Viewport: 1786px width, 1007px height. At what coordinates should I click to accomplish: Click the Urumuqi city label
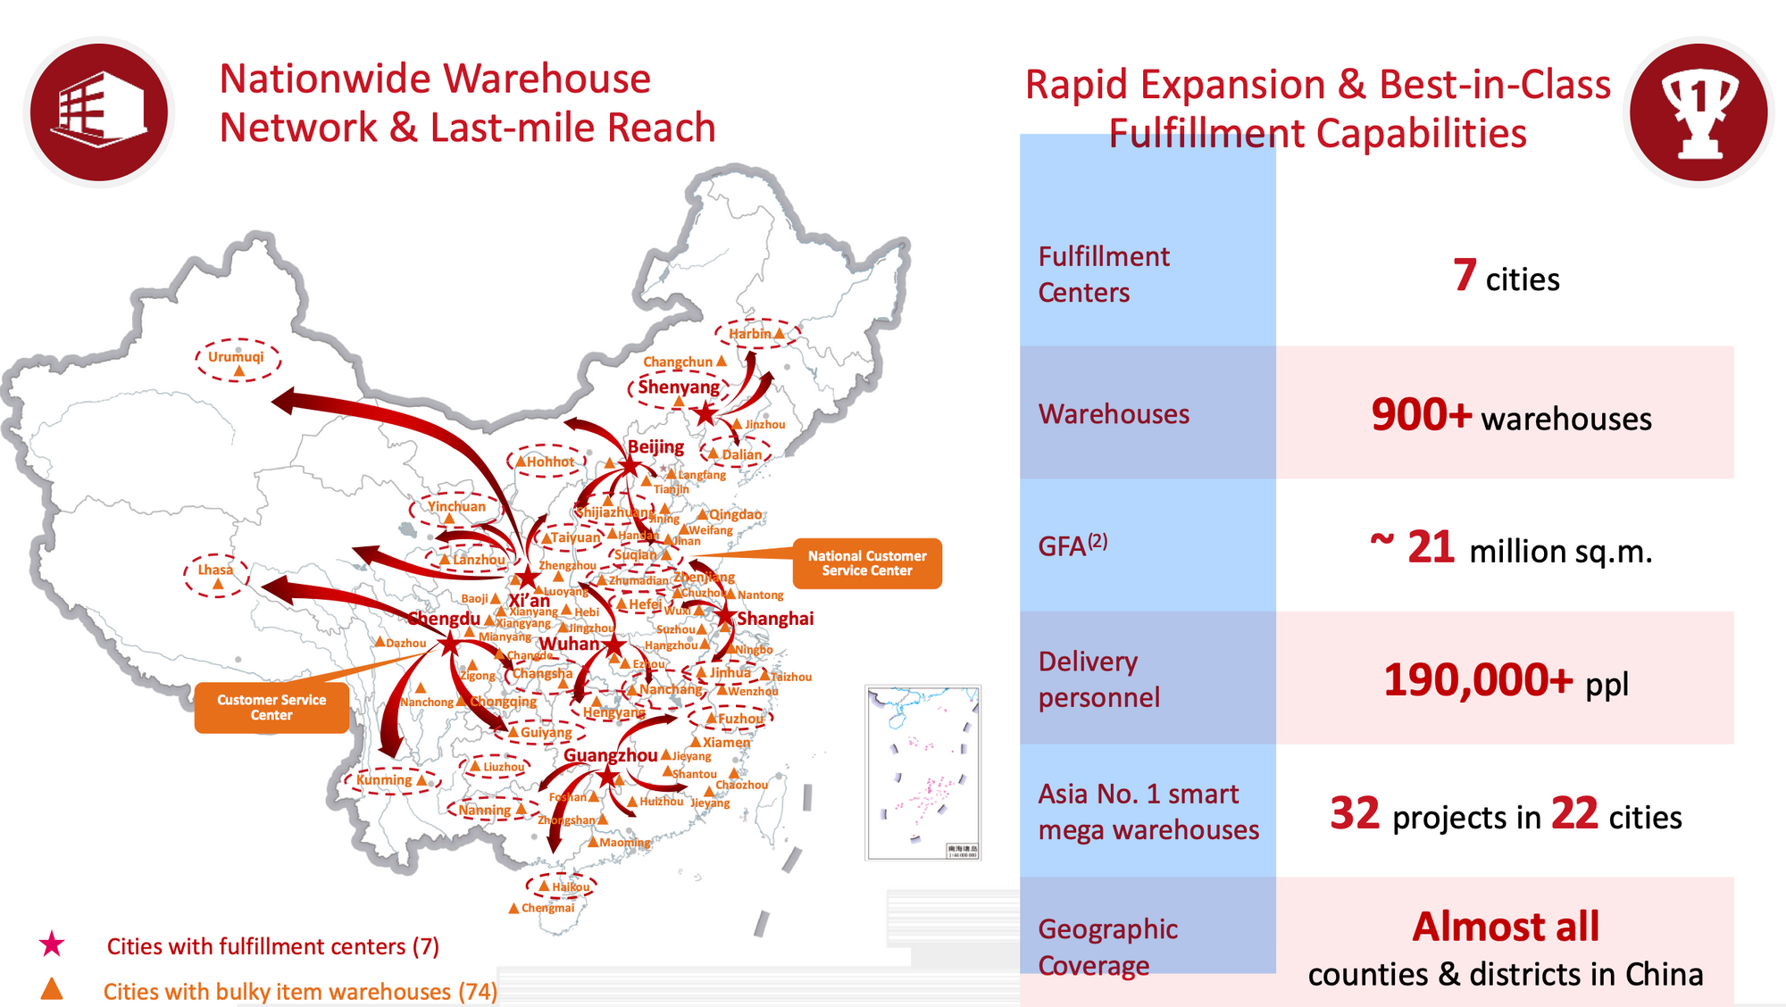point(236,357)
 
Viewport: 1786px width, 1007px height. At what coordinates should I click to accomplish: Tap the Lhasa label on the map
point(215,570)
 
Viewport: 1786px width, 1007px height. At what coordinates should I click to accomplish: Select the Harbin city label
point(749,334)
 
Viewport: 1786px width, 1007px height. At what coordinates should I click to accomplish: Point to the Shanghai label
point(774,619)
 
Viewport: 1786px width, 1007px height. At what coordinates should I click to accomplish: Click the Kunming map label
point(384,780)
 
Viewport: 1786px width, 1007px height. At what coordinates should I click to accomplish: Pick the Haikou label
point(571,886)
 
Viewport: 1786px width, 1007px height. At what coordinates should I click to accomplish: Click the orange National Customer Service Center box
point(866,563)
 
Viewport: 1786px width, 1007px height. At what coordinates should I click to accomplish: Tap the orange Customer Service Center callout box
point(271,708)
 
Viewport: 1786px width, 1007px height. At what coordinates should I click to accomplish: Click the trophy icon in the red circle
point(1698,112)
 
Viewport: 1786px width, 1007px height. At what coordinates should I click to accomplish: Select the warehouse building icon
point(99,112)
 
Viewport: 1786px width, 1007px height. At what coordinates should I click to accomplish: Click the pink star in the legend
point(52,945)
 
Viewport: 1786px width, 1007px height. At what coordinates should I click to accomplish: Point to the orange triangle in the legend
point(52,989)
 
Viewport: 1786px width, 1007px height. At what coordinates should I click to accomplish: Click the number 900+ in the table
point(1421,415)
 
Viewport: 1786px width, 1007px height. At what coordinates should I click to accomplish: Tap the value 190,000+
point(1477,681)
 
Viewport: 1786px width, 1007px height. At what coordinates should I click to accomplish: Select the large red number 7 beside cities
point(1465,275)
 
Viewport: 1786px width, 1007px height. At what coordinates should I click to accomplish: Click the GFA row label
point(1072,545)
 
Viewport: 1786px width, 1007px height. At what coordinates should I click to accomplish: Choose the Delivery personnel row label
point(1098,679)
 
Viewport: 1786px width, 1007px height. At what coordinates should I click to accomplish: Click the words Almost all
point(1506,927)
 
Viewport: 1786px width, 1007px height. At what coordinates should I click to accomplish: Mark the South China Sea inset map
point(923,773)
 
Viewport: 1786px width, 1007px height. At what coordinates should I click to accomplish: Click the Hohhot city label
point(550,462)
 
